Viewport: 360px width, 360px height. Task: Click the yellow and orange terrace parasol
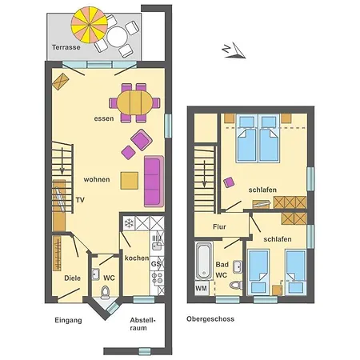90,25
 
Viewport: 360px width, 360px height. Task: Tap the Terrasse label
66,47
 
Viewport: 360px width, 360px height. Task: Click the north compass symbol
234,50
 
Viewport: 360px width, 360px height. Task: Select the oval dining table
134,102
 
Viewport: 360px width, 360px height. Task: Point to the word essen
104,118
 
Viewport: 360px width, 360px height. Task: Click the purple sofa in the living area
154,181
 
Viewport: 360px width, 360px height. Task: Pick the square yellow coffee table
130,181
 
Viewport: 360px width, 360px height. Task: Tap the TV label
80,200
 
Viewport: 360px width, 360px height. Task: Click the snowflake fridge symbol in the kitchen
130,223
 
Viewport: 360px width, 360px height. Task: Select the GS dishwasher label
156,264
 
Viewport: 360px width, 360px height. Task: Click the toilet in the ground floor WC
106,292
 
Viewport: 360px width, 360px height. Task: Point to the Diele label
72,278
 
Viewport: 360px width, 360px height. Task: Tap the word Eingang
68,320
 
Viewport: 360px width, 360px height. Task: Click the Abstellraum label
142,324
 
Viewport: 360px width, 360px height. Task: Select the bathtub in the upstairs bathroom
204,261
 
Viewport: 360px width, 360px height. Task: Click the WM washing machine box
202,288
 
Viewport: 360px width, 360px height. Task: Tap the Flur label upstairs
219,226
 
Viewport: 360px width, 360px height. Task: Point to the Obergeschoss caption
210,319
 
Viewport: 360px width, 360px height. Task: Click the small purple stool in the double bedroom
229,182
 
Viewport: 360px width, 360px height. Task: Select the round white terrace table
117,37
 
